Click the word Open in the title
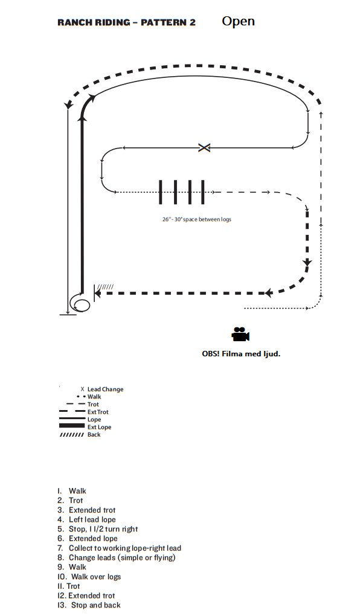click(238, 22)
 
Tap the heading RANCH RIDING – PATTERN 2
click(127, 22)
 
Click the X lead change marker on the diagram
click(204, 148)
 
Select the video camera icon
click(240, 335)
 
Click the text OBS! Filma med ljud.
click(241, 353)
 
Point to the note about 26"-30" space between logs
click(197, 219)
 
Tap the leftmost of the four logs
click(160, 192)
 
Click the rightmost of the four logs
click(203, 192)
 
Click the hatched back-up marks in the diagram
click(105, 287)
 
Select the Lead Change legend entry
click(102, 390)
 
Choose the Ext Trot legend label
click(98, 412)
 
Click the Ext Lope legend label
click(100, 427)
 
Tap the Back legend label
click(94, 434)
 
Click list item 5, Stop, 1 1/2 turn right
click(98, 529)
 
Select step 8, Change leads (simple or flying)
click(117, 558)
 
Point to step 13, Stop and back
click(89, 605)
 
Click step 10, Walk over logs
click(89, 577)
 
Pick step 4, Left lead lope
click(86, 520)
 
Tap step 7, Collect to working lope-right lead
click(120, 548)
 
